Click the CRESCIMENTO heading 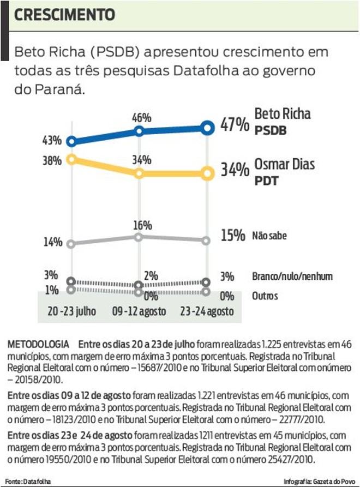point(64,14)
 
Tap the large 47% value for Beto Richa point(235,125)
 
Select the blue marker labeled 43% point(70,141)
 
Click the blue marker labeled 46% point(139,131)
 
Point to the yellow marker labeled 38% point(70,159)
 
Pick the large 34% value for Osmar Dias point(235,171)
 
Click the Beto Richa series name point(283,114)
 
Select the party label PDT point(267,181)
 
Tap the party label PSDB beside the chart point(271,131)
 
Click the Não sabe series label point(269,236)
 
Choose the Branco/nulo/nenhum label point(292,276)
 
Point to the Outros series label point(265,296)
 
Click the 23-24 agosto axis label point(207,311)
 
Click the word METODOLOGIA point(38,345)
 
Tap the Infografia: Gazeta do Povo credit point(319,482)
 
